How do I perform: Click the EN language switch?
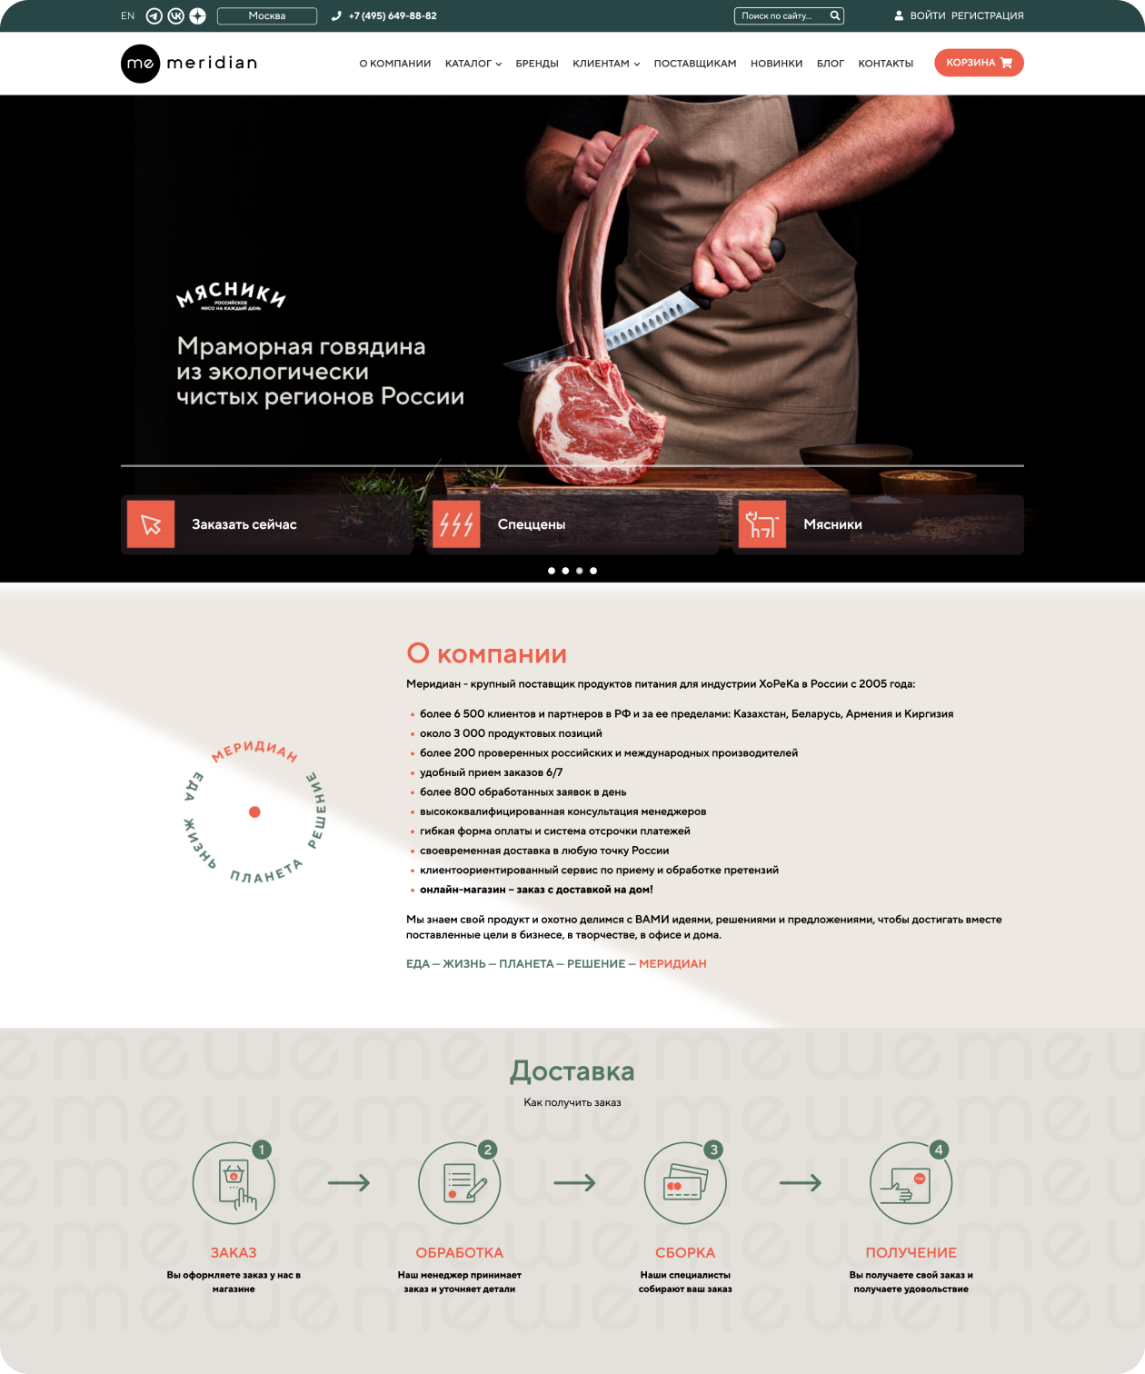point(127,15)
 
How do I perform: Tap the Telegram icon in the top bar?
point(154,15)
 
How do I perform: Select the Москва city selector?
point(267,15)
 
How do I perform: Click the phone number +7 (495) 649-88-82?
point(393,15)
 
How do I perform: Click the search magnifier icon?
point(834,15)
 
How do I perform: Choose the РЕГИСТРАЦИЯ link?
point(987,15)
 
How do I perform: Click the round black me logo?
point(140,64)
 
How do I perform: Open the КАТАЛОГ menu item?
point(473,64)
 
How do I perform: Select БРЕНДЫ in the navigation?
point(537,64)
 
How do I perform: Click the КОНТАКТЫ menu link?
point(886,64)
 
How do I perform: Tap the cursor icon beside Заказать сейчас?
point(151,523)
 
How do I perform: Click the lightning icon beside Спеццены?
point(456,523)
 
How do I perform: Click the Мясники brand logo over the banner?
point(231,295)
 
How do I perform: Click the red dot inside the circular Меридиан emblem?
point(254,811)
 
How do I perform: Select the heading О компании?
point(486,653)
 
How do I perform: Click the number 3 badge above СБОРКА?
point(713,1149)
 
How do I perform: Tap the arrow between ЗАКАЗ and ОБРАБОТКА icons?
point(349,1182)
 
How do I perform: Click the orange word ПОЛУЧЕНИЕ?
point(911,1252)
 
